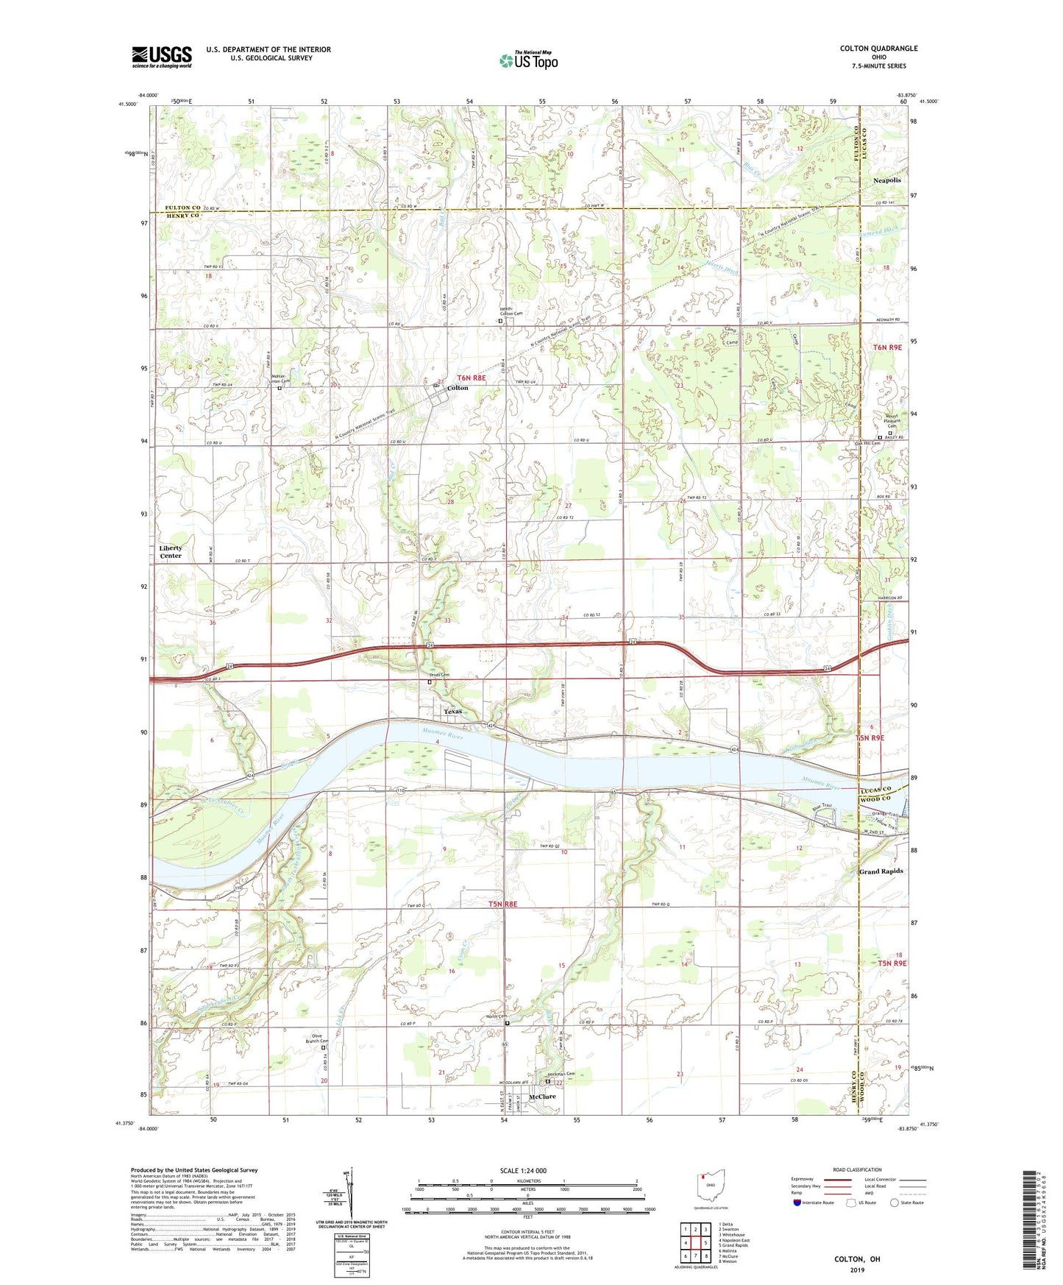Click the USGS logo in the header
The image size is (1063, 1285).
click(162, 57)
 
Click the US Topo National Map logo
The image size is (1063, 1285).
click(527, 60)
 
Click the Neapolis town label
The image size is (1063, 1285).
click(886, 180)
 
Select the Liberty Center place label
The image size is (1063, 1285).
click(170, 552)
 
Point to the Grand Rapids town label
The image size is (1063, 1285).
click(881, 871)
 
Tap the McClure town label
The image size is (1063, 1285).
click(542, 1097)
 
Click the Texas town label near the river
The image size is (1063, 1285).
click(452, 712)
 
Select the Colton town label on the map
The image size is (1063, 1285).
click(457, 388)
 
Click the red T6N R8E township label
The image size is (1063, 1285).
click(471, 378)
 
